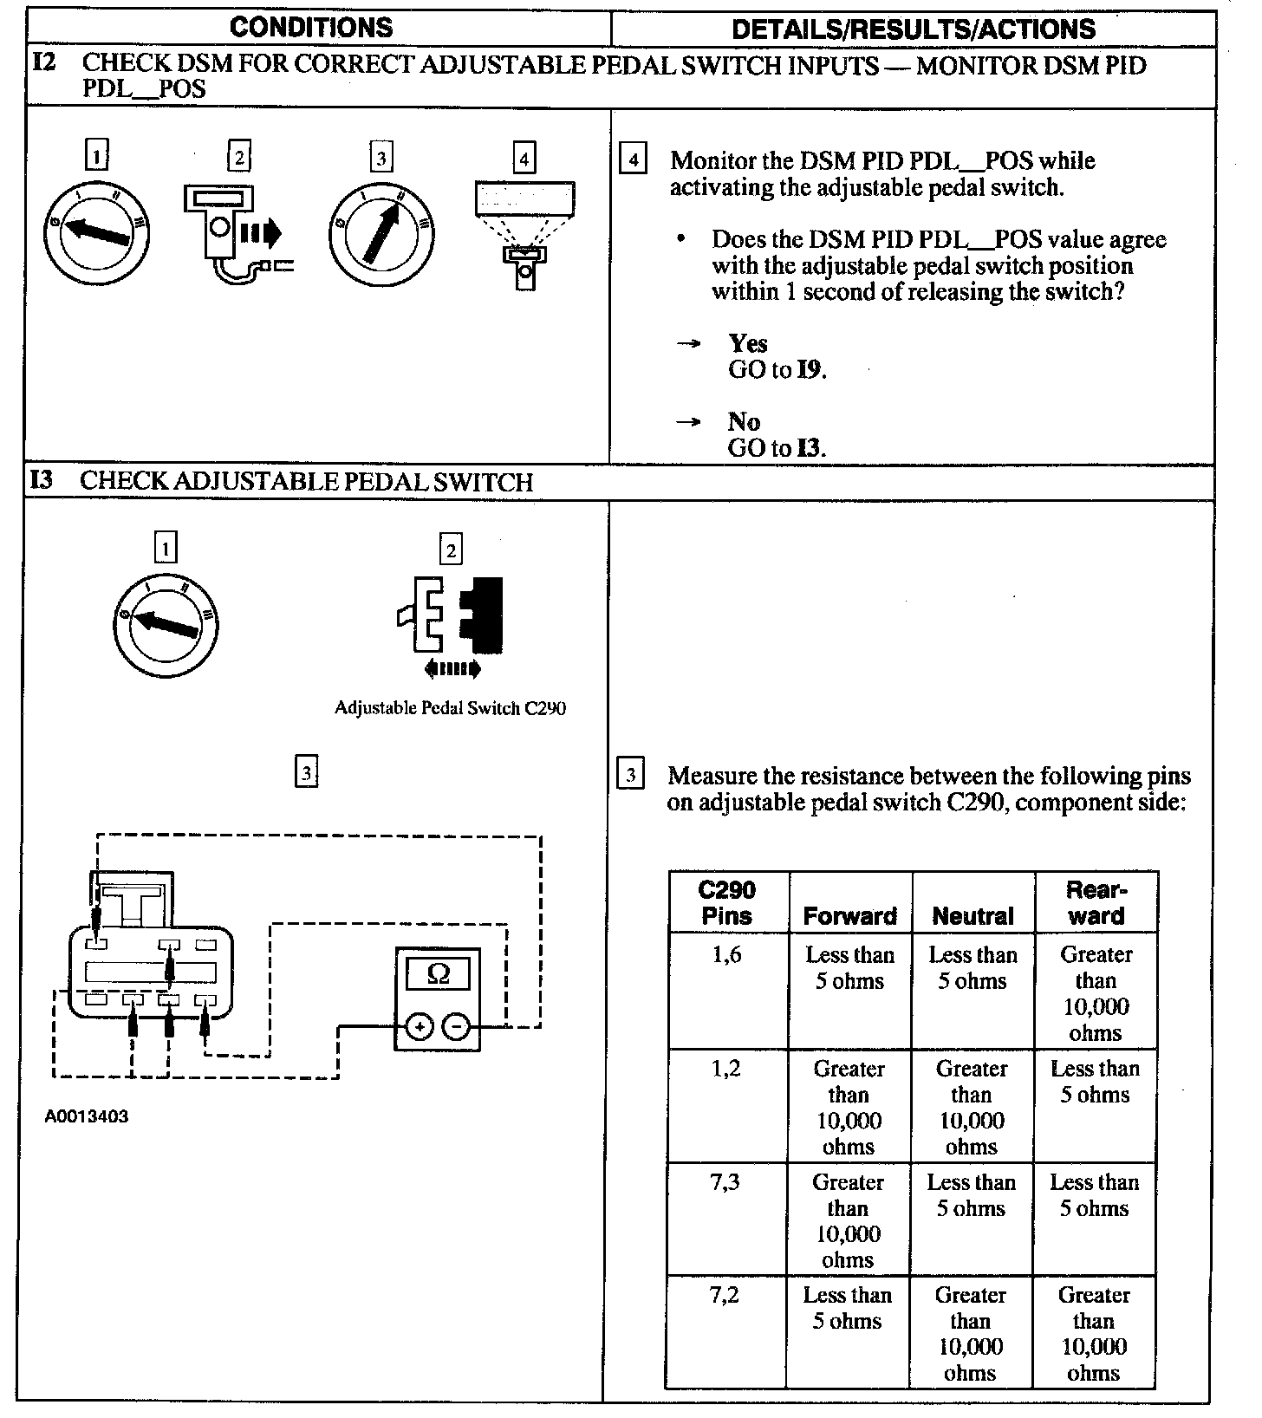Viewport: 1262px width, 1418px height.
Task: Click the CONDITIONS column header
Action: click(x=311, y=28)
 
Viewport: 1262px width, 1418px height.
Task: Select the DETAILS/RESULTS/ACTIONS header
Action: click(x=914, y=29)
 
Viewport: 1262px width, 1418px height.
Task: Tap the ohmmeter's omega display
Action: click(x=439, y=973)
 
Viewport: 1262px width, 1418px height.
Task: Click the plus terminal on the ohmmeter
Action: click(x=420, y=1028)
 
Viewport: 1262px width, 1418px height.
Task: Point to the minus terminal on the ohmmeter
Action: click(x=457, y=1028)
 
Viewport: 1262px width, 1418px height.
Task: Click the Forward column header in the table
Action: click(x=850, y=916)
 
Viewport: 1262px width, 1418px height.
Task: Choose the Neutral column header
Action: click(x=973, y=916)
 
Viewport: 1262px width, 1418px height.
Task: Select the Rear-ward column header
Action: click(x=1096, y=902)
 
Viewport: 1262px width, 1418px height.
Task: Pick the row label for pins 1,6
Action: click(x=726, y=955)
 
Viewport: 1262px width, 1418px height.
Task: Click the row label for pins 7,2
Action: click(x=725, y=1295)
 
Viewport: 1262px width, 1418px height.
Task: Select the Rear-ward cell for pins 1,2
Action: click(x=1096, y=1082)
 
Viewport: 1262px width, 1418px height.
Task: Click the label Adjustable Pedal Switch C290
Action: click(x=450, y=707)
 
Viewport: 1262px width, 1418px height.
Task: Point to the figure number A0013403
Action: click(x=87, y=1116)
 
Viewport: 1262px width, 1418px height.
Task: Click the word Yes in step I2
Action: click(x=748, y=343)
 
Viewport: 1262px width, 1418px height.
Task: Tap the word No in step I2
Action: click(x=744, y=422)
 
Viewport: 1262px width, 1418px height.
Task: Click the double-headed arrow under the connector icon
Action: click(x=452, y=668)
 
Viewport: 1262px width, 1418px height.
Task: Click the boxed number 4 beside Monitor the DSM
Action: click(x=633, y=160)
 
